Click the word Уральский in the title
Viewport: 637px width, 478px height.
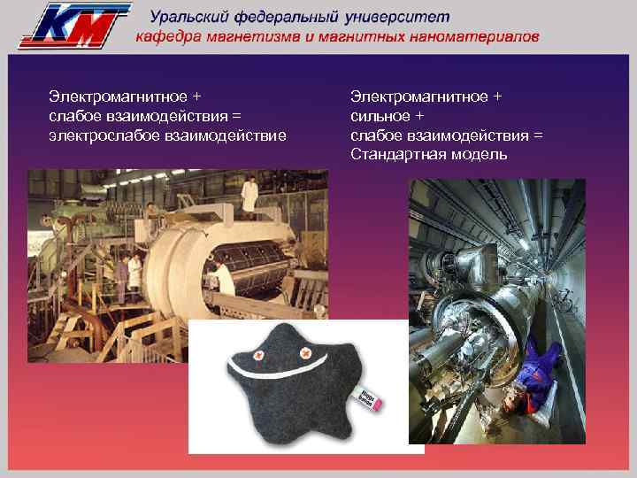click(x=189, y=17)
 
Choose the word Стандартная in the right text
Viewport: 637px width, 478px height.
click(x=397, y=154)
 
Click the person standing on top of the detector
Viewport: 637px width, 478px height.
click(x=250, y=194)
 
